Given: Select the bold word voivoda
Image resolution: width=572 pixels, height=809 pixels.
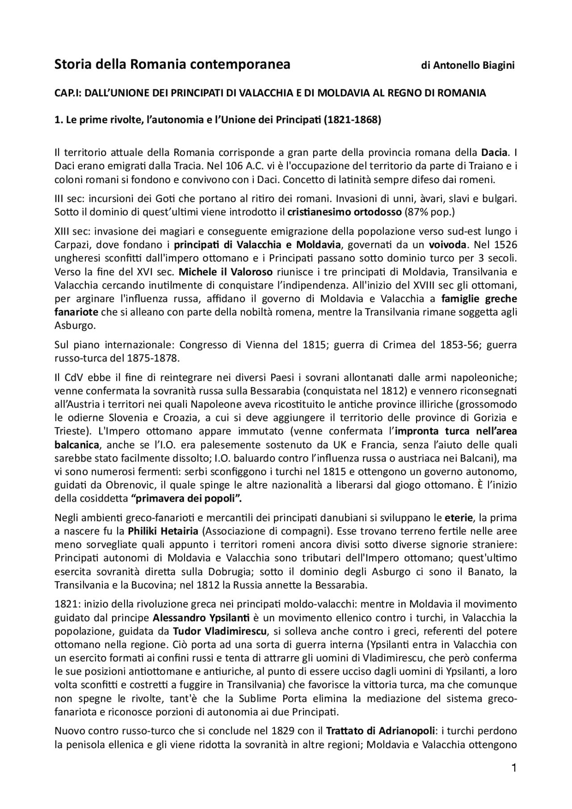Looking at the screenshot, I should [x=447, y=245].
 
